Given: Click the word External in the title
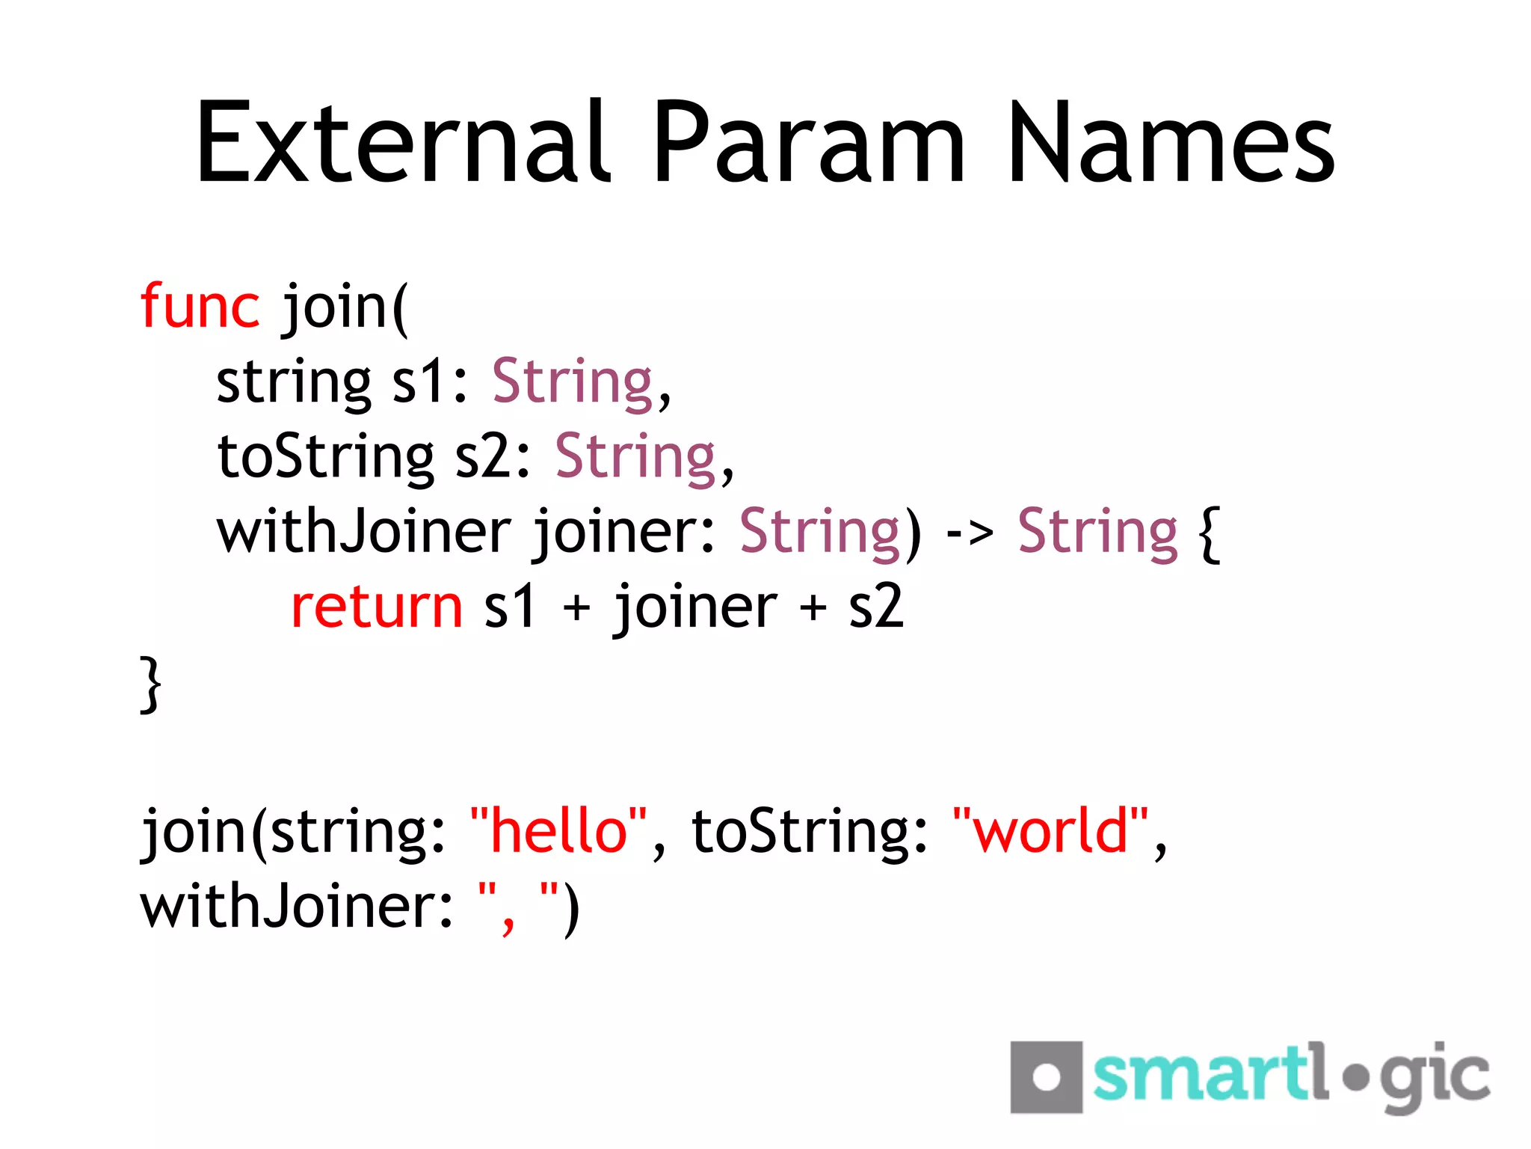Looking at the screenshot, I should click(x=404, y=142).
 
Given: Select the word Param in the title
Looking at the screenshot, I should click(x=810, y=142).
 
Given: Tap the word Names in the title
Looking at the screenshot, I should click(x=1171, y=142).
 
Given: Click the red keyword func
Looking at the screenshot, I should click(x=200, y=306).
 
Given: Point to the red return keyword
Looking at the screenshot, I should click(x=377, y=607).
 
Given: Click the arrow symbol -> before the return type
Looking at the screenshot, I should click(x=970, y=533).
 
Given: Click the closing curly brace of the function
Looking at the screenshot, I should click(x=150, y=684).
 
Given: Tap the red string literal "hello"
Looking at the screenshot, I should click(x=558, y=831).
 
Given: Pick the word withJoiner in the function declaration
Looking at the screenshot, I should click(x=363, y=533).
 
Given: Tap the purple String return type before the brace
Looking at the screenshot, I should click(x=1097, y=533).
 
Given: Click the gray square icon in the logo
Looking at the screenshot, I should click(x=1046, y=1076).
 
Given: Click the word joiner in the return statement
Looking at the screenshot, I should click(x=695, y=607).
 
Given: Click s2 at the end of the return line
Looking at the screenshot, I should click(x=875, y=607).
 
